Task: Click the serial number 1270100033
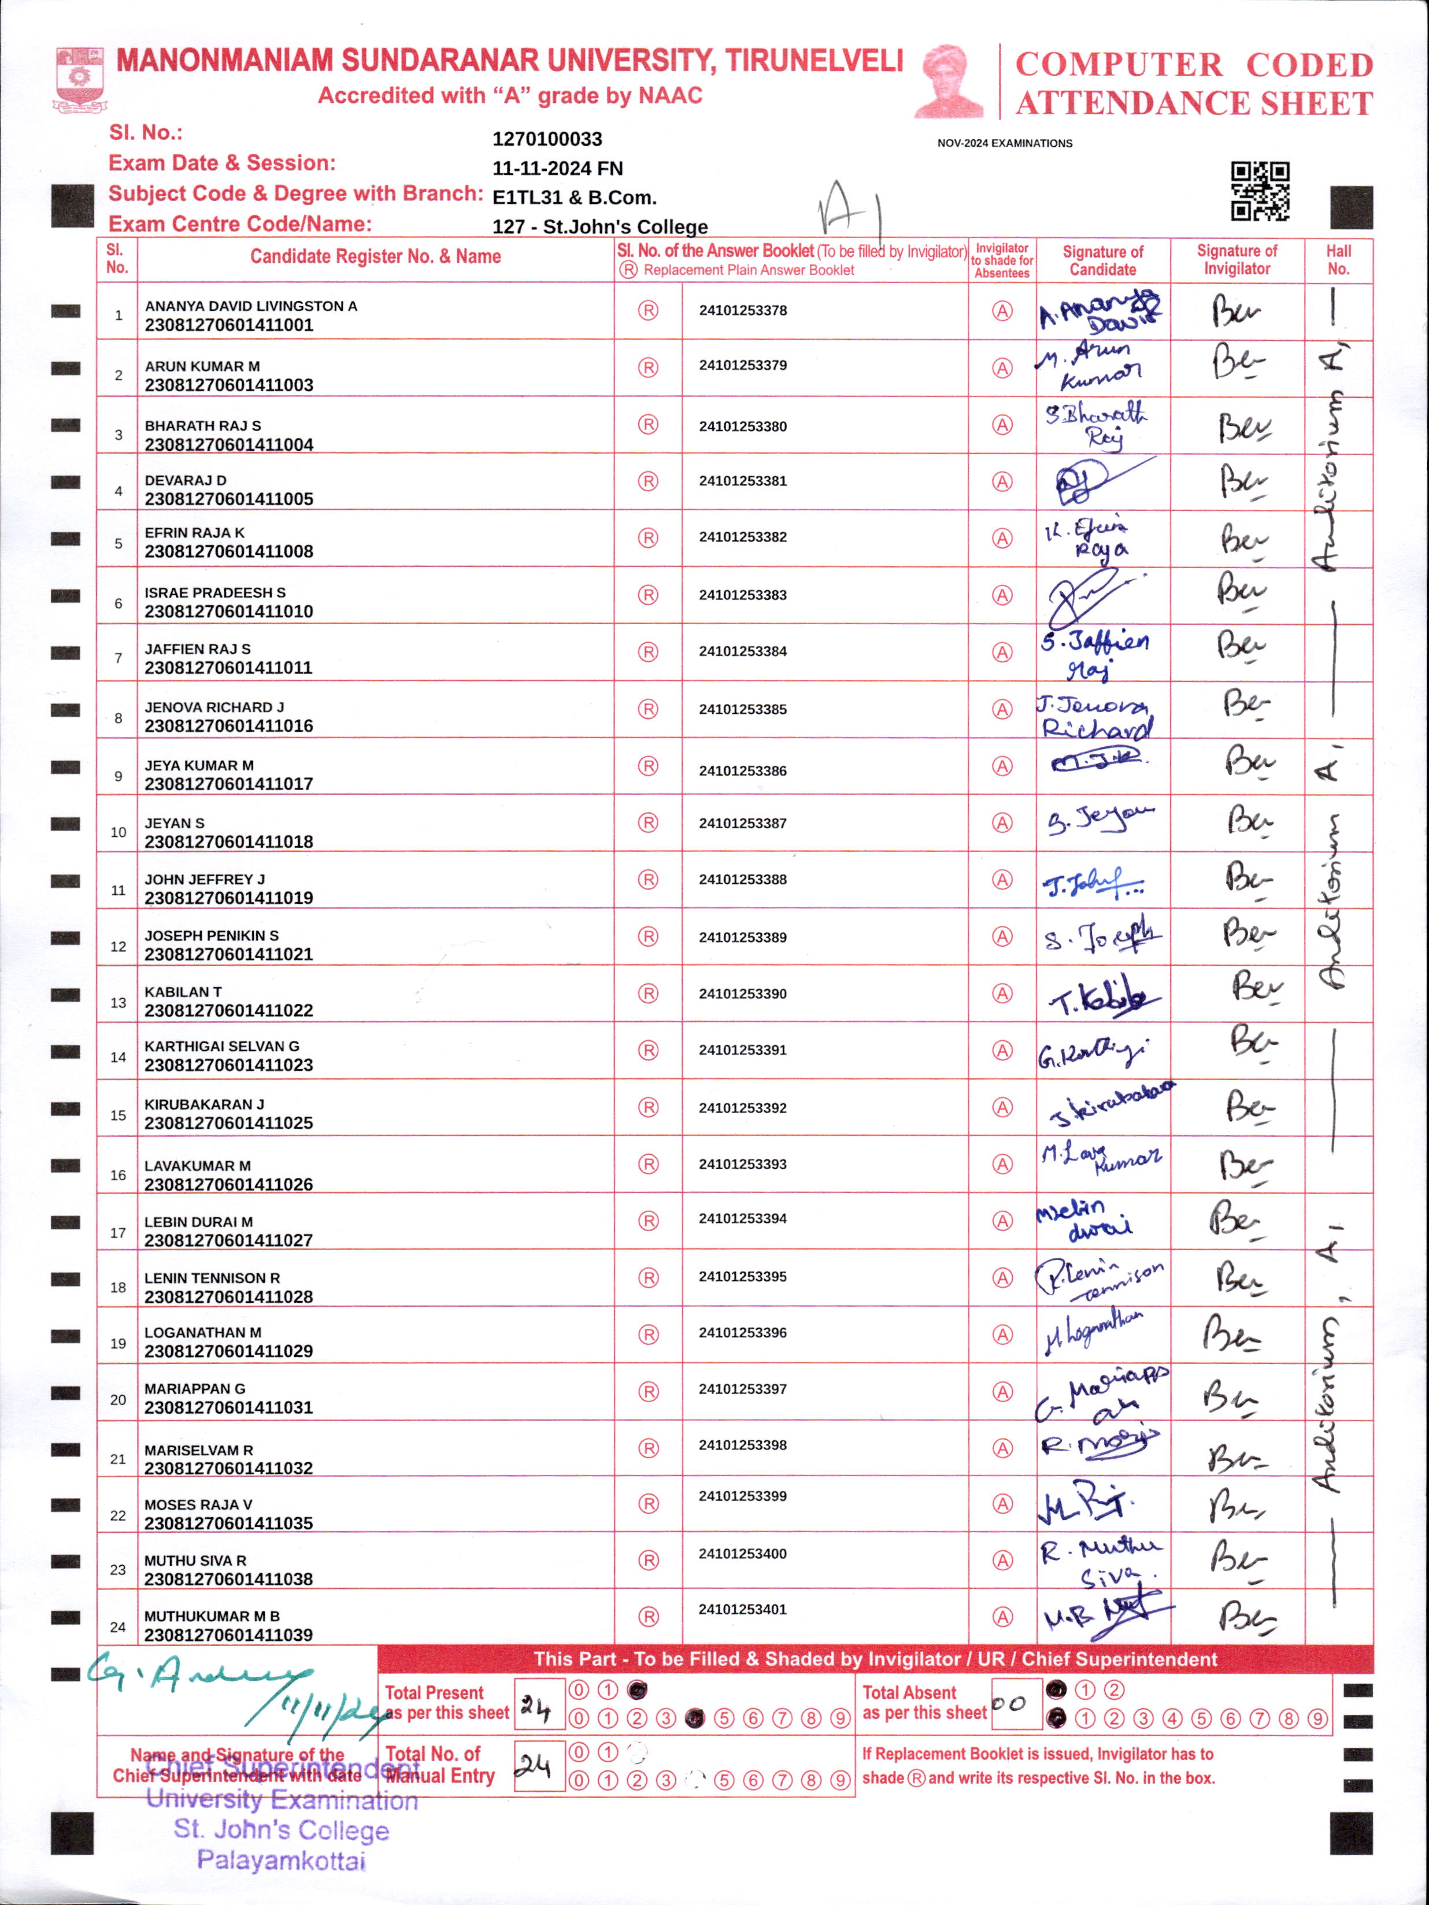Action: click(547, 139)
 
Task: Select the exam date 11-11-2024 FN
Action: click(557, 169)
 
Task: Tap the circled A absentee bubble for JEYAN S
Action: click(1002, 823)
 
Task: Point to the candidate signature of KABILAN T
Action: click(1102, 997)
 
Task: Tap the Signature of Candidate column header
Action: click(1102, 260)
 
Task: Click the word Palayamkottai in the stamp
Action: click(281, 1861)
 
